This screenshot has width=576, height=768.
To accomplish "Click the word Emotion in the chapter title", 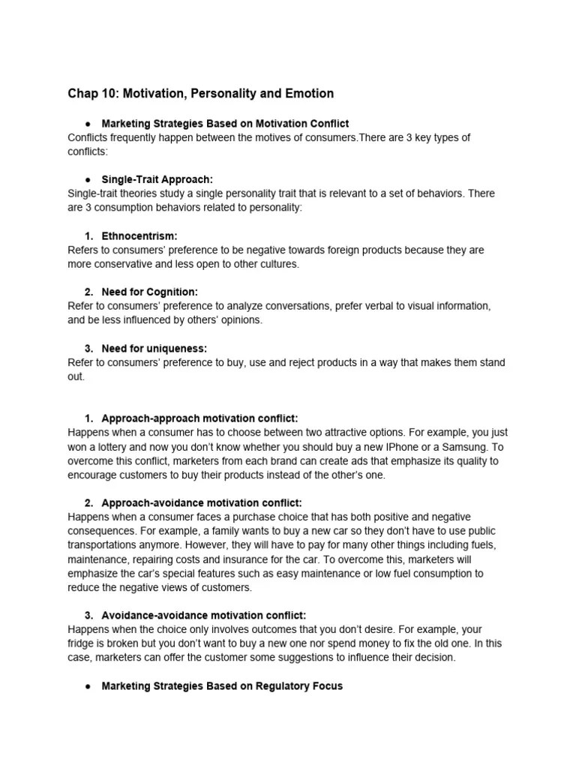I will tap(307, 94).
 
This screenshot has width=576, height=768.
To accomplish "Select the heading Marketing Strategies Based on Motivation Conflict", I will tap(225, 123).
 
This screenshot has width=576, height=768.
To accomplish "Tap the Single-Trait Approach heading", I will tap(157, 179).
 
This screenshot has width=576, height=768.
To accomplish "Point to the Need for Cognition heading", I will tap(149, 292).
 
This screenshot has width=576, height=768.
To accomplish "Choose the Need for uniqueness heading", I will tap(154, 348).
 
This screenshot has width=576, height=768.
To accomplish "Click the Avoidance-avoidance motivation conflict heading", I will tap(204, 615).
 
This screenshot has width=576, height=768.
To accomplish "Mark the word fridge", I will tap(81, 643).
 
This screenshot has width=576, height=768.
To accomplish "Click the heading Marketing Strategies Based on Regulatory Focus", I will tap(222, 686).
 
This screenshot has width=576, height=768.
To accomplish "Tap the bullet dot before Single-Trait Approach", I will tap(88, 179).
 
